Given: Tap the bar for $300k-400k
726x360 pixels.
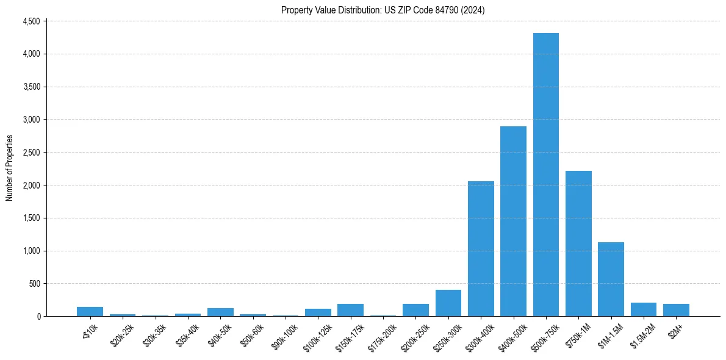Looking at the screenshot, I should [x=481, y=248].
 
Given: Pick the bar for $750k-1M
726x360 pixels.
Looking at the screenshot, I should [x=578, y=243].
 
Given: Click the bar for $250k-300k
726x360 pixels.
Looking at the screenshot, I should [x=448, y=303].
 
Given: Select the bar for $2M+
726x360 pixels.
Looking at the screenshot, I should [x=676, y=310].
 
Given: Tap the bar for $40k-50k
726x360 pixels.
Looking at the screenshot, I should [x=220, y=312].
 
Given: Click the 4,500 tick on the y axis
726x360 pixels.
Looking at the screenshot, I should [x=31, y=21].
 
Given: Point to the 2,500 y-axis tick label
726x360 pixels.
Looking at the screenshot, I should [x=31, y=153].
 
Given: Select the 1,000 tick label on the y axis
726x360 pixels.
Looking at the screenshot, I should [x=31, y=251].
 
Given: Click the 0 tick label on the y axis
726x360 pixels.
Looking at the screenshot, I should [x=38, y=317].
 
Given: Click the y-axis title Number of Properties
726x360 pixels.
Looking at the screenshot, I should [x=9, y=168].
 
